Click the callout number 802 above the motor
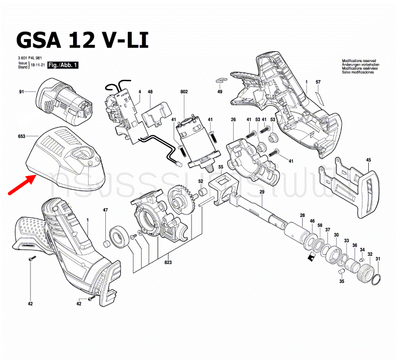[x=184, y=92]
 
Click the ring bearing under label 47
[x=117, y=236]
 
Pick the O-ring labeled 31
[x=376, y=281]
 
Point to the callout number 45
[x=368, y=160]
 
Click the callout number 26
[x=233, y=119]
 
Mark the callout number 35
[x=341, y=281]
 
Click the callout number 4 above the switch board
[x=139, y=92]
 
